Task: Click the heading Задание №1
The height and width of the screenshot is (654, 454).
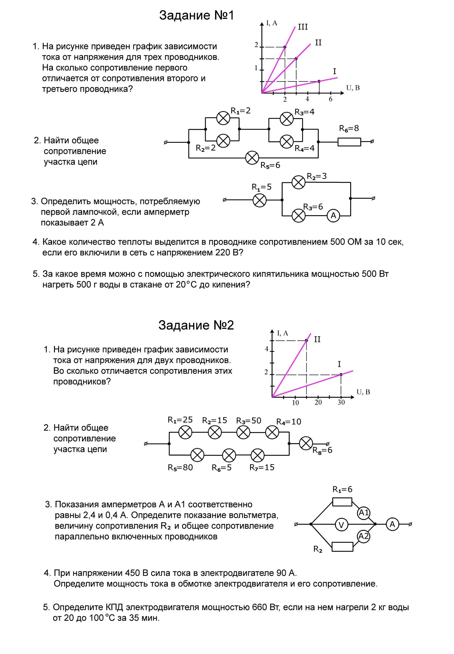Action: pyautogui.click(x=196, y=15)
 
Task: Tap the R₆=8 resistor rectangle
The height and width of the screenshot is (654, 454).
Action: pyautogui.click(x=349, y=142)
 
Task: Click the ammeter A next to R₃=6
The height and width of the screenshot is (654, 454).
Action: pyautogui.click(x=333, y=216)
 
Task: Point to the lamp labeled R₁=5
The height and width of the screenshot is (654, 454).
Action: pyautogui.click(x=259, y=200)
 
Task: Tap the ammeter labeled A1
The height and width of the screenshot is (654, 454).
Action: pyautogui.click(x=363, y=513)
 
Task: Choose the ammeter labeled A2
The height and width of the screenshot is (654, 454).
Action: pyautogui.click(x=363, y=536)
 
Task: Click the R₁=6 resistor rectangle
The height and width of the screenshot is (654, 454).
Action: pyautogui.click(x=342, y=502)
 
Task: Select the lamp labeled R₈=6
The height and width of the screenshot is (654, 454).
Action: pyautogui.click(x=306, y=443)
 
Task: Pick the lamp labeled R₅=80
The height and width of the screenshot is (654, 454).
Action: pyautogui.click(x=197, y=455)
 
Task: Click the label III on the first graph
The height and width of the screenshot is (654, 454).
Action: pyautogui.click(x=303, y=27)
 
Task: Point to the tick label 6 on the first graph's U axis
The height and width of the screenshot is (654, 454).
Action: pyautogui.click(x=330, y=99)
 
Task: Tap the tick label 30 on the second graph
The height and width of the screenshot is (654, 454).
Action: pyautogui.click(x=341, y=403)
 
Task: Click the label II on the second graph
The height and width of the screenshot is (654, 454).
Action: pyautogui.click(x=317, y=339)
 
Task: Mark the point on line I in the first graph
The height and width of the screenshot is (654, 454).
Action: pyautogui.click(x=319, y=81)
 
